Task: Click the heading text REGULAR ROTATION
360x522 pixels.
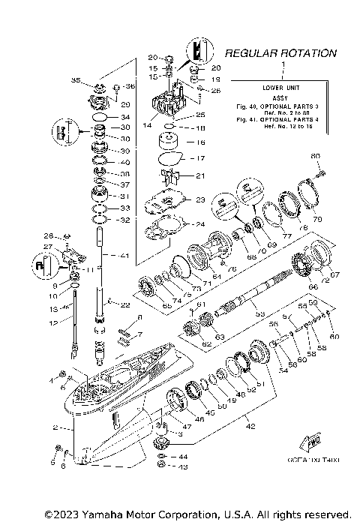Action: tap(280, 54)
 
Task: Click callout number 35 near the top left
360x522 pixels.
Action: tap(75, 80)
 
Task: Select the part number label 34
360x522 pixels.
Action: tap(125, 118)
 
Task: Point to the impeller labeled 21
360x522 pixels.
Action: tap(169, 176)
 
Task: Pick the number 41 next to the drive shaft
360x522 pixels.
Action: tap(124, 256)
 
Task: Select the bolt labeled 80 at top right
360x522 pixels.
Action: tap(316, 155)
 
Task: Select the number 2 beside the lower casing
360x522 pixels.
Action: tap(54, 427)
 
